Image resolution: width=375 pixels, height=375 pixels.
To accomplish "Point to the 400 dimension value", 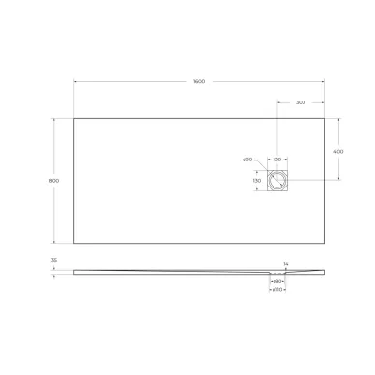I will coord(338,150).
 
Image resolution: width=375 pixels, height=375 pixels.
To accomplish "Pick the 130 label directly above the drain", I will coord(277,159).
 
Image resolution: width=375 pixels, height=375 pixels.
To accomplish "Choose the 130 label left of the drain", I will coord(257,180).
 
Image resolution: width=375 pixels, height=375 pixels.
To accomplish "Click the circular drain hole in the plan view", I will coord(278,179).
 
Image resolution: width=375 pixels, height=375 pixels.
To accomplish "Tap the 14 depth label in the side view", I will coord(285,263).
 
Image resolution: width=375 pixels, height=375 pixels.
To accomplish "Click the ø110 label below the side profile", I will coord(275,289).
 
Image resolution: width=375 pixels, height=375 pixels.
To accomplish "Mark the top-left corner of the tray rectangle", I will coord(74,118).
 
